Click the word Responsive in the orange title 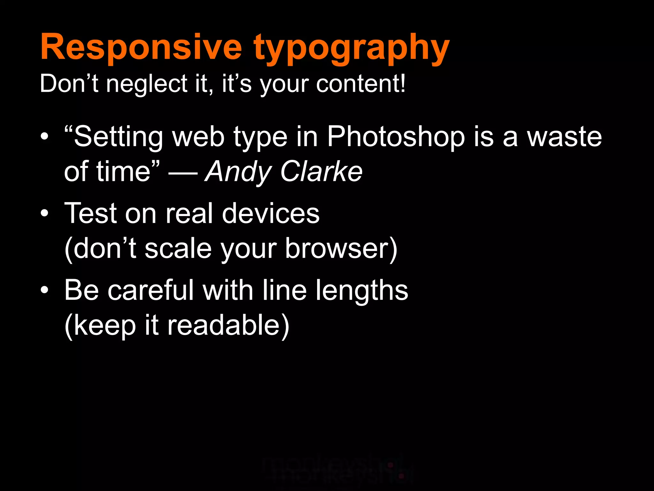[141, 47]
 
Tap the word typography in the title [352, 49]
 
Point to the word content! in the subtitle [361, 84]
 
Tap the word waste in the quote [564, 137]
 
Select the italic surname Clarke [321, 172]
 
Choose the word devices [271, 213]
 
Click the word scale [178, 249]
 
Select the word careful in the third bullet [150, 290]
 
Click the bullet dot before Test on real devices [45, 213]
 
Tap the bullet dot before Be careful [45, 290]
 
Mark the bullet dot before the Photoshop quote [45, 137]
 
